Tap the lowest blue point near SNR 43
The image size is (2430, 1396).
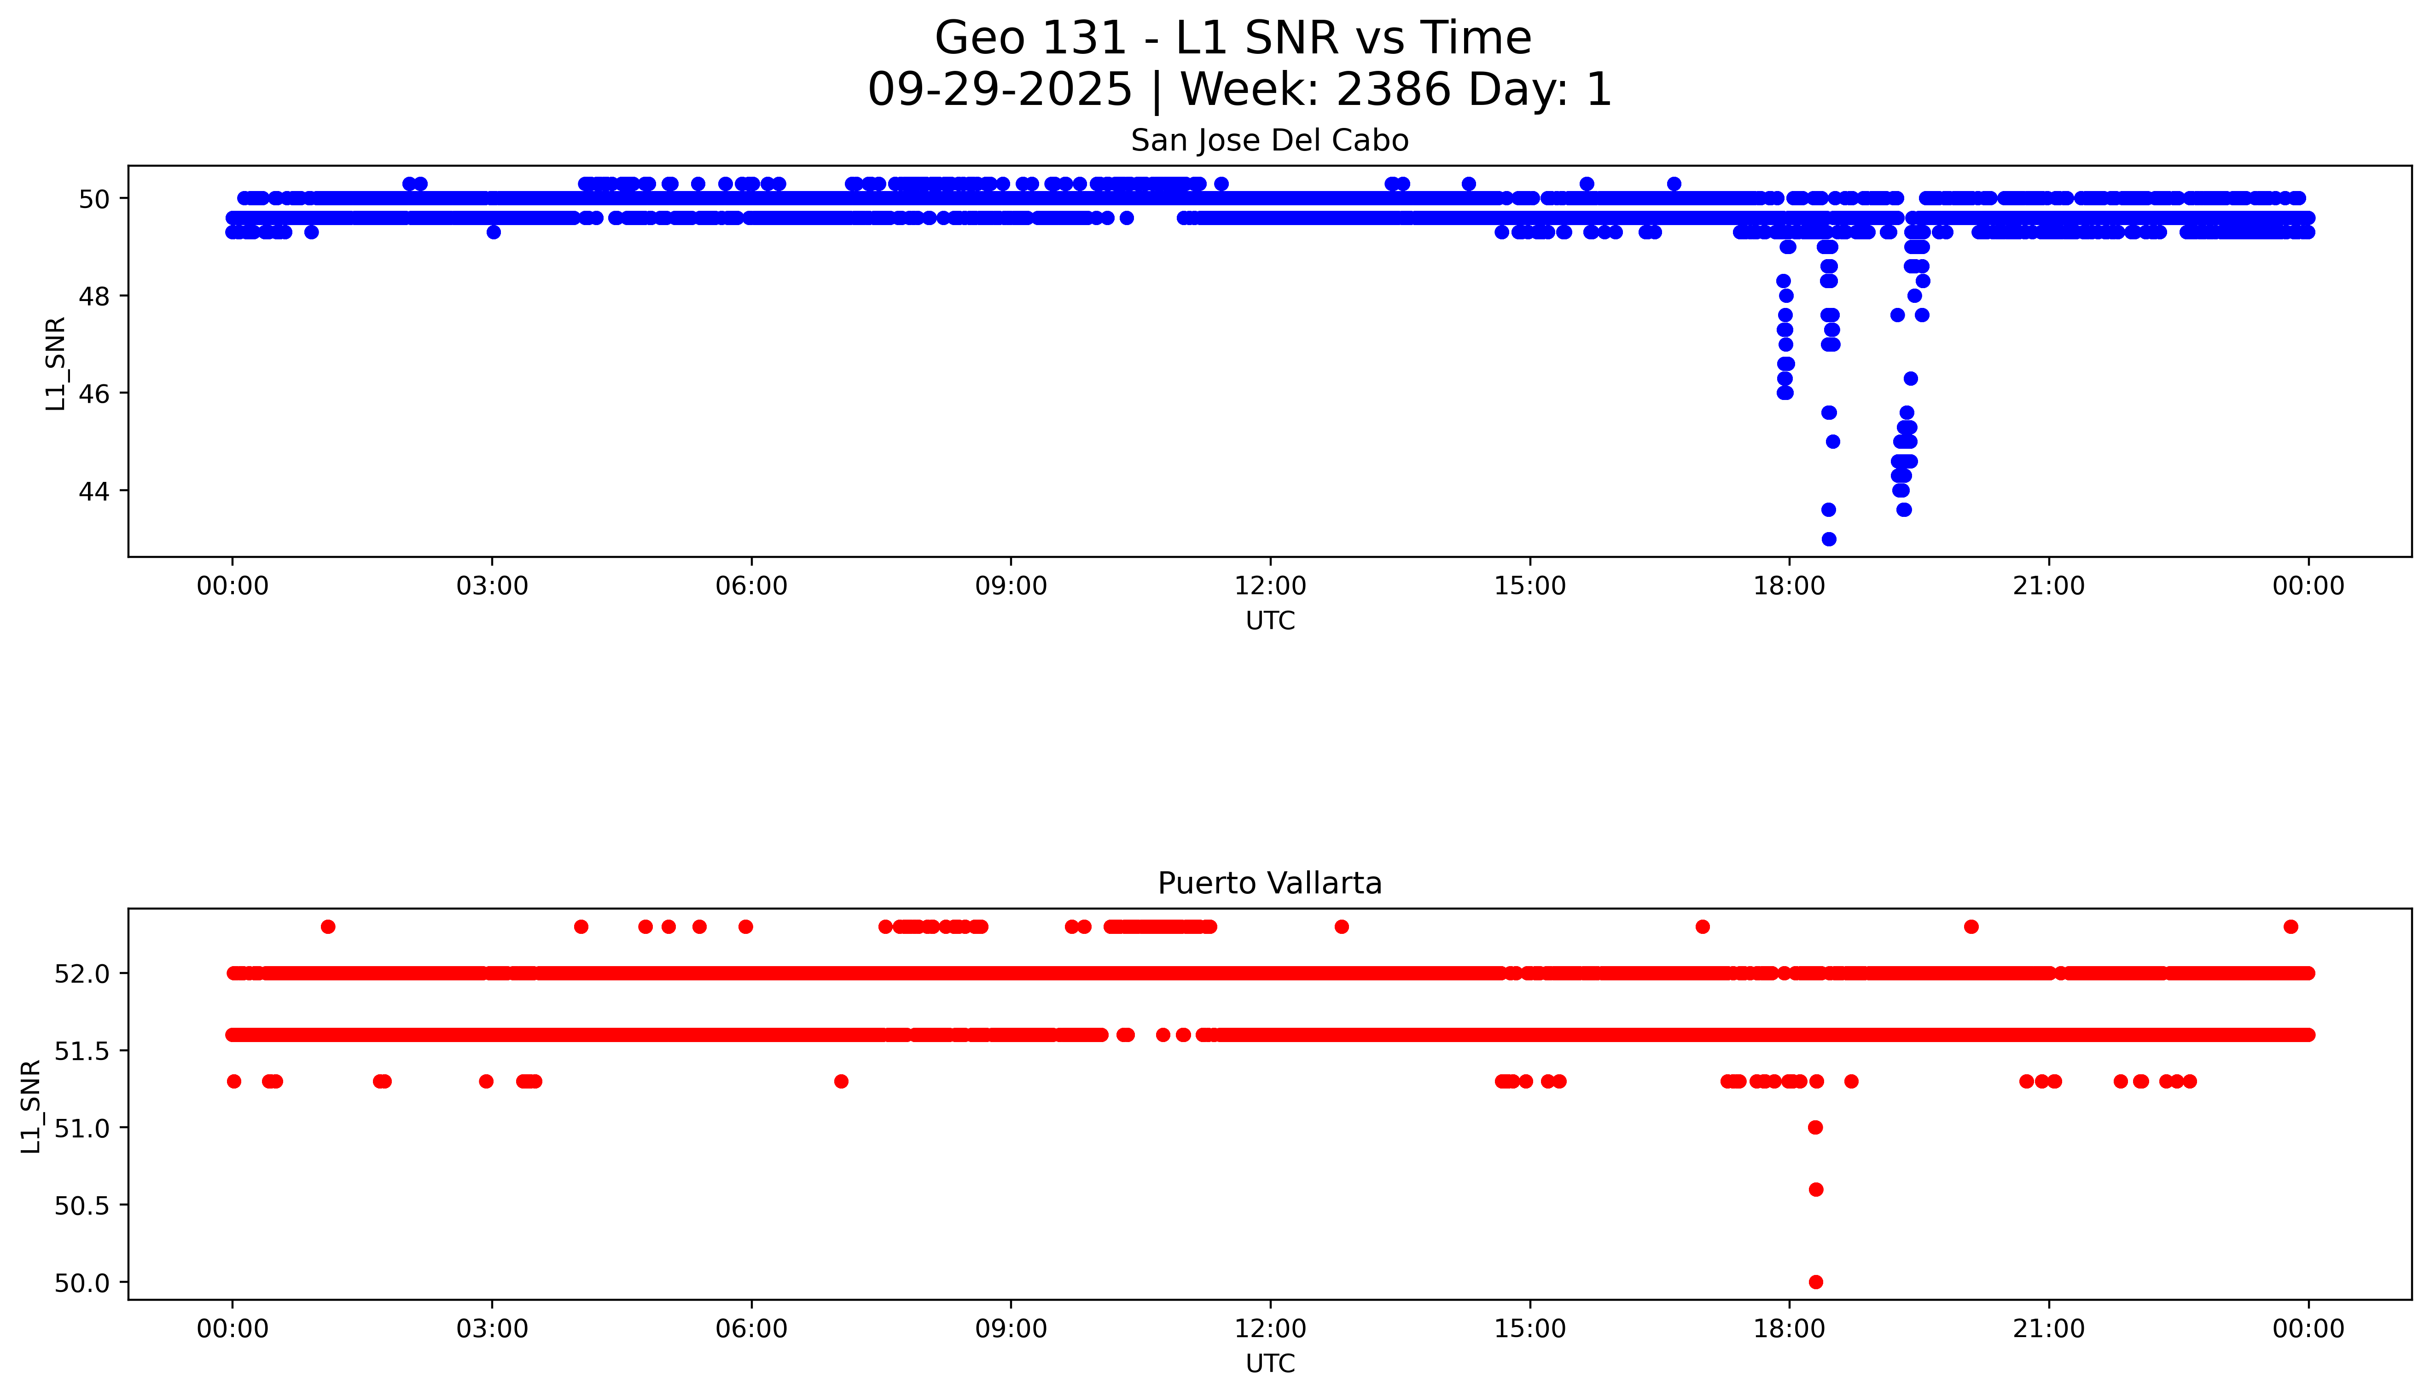coord(1829,539)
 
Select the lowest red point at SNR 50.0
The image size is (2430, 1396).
coord(1815,1282)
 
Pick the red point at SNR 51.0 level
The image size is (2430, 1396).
coord(1815,1128)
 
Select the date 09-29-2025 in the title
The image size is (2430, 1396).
coord(1000,90)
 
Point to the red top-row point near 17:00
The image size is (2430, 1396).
coord(1702,926)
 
